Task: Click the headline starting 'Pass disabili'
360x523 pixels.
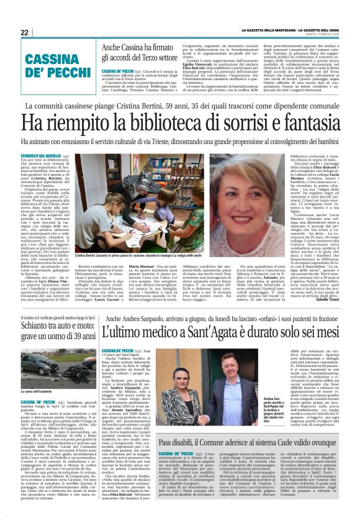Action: click(x=254, y=459)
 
